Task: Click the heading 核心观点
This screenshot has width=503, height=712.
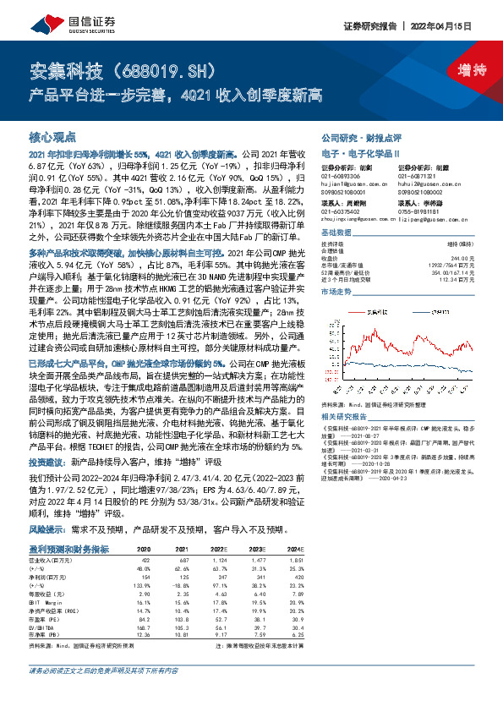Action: (x=53, y=136)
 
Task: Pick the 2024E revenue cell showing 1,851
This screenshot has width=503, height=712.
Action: (x=296, y=560)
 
